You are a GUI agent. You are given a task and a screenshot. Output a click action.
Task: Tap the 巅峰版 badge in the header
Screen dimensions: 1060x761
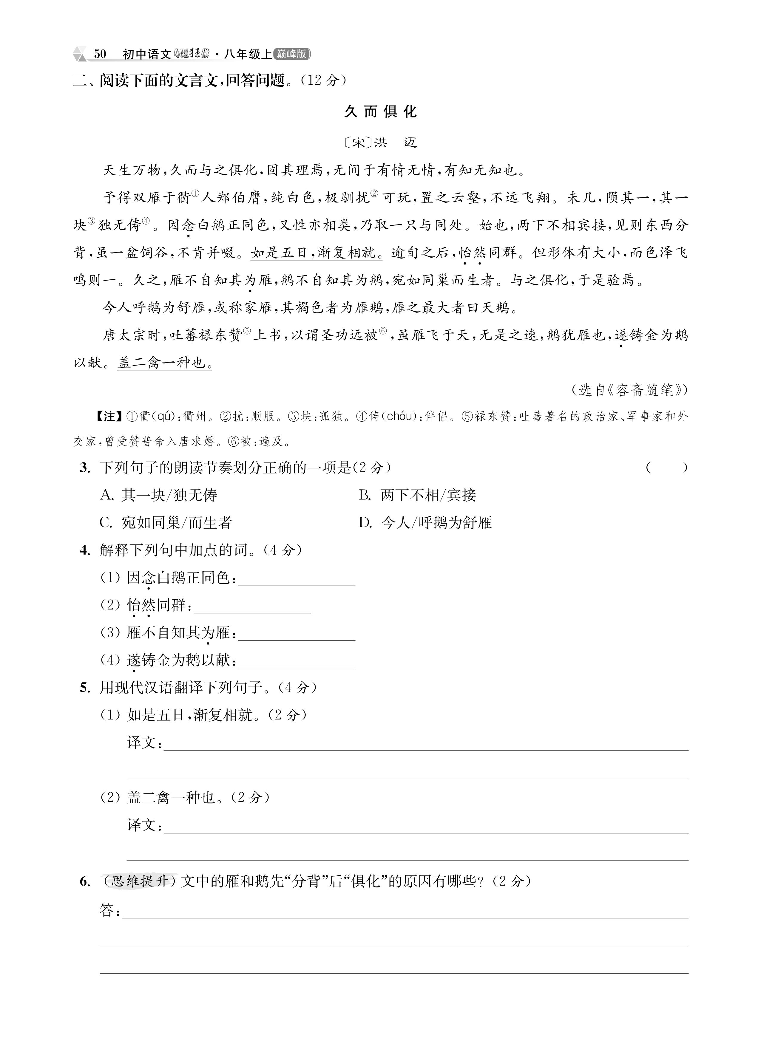[292, 54]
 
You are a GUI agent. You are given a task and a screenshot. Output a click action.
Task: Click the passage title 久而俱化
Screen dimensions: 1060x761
[380, 112]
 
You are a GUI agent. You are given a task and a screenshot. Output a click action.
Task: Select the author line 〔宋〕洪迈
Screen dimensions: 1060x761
[380, 142]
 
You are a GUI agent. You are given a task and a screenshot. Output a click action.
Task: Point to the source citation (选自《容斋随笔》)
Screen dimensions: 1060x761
[629, 390]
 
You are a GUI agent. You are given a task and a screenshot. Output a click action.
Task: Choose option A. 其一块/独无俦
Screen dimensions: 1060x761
[159, 495]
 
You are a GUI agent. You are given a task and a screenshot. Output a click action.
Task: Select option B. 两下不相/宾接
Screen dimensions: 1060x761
[418, 495]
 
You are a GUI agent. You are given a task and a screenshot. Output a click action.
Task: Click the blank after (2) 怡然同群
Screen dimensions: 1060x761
[252, 607]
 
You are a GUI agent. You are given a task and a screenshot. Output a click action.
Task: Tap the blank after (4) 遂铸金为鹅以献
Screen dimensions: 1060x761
[297, 662]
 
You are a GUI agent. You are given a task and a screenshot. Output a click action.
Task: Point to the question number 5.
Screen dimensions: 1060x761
[85, 688]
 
